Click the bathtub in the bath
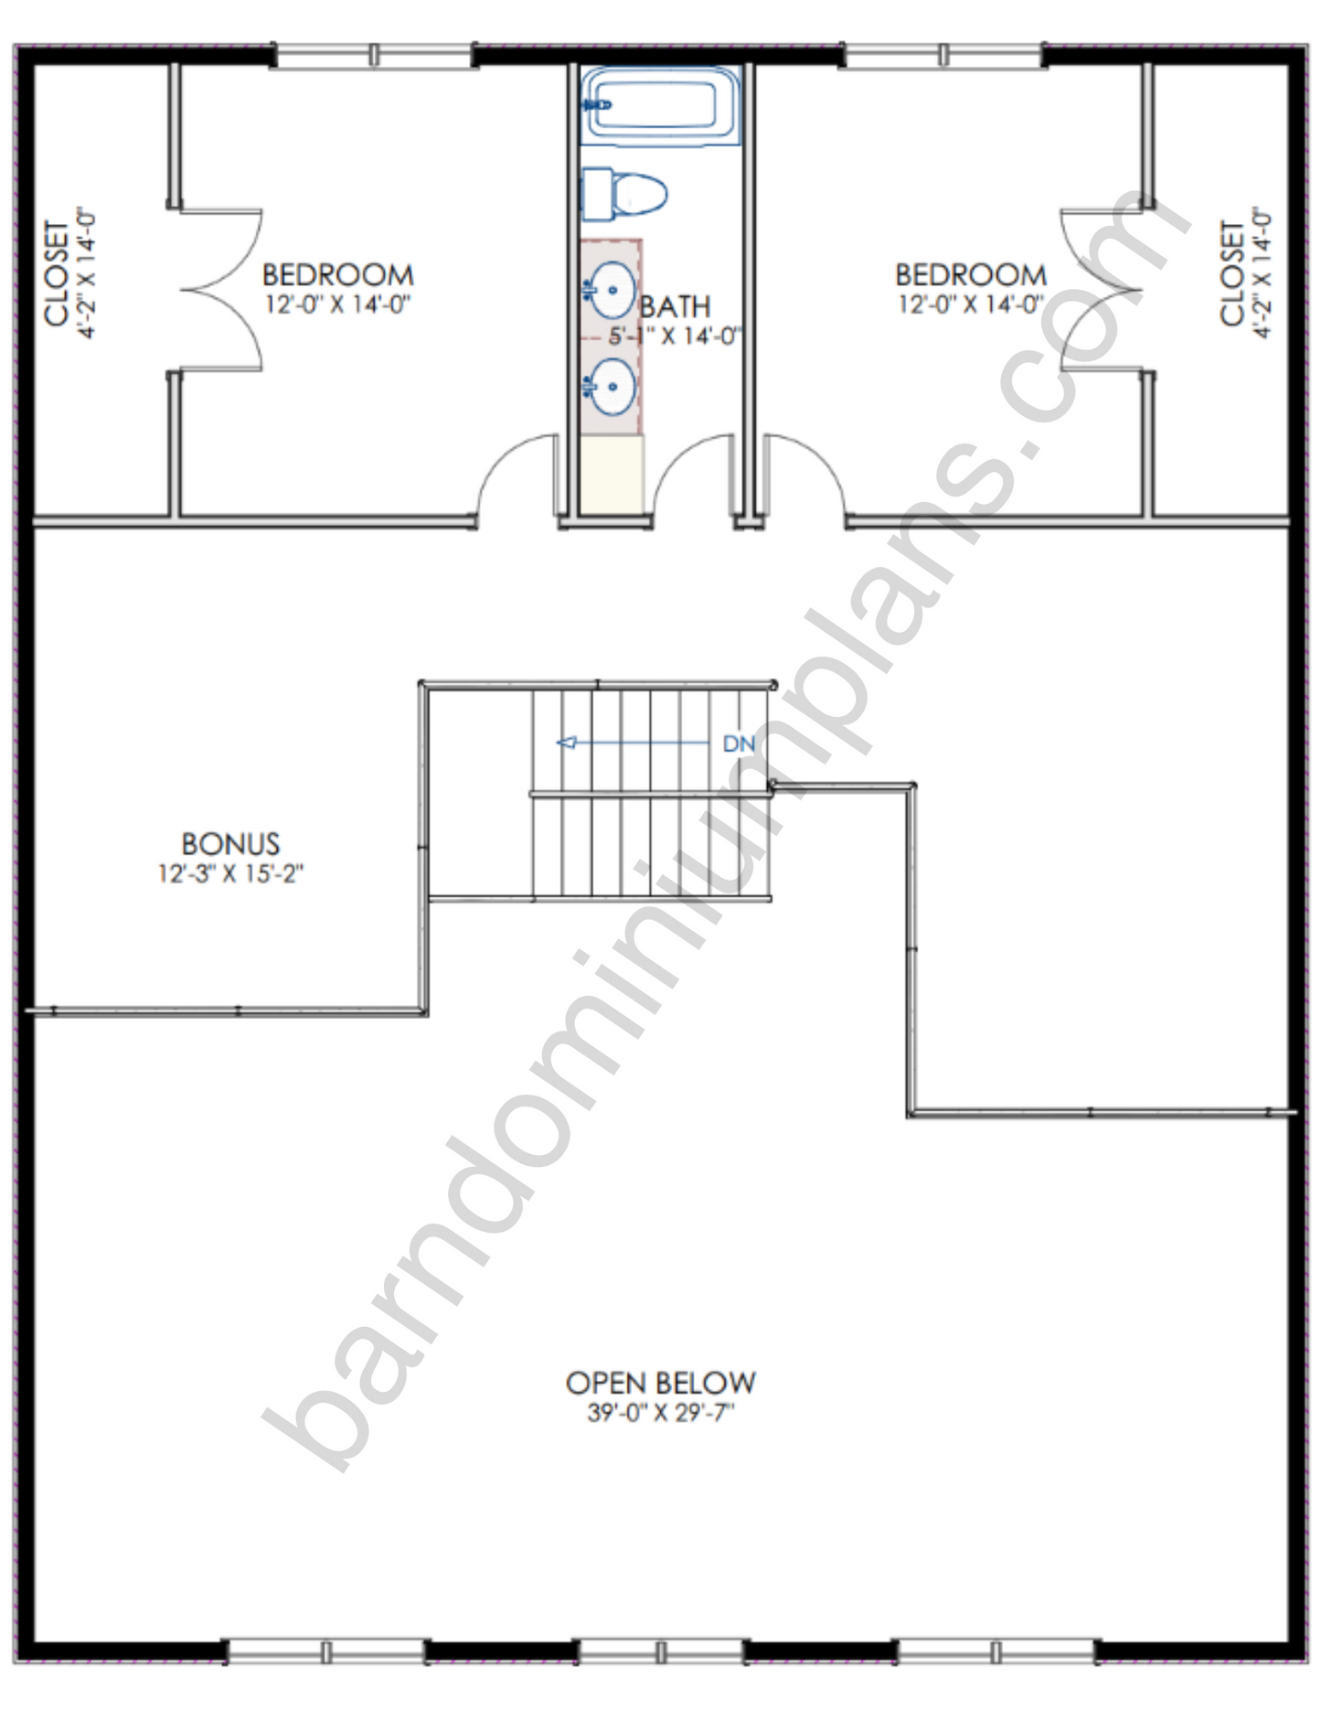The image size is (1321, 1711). coord(660,105)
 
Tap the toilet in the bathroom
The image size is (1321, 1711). coord(623,194)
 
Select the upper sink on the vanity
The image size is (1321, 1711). coord(610,290)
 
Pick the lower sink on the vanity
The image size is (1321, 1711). coord(610,387)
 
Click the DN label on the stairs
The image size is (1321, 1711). coord(739,743)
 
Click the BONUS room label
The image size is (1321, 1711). coord(230,843)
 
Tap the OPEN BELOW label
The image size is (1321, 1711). coord(660,1383)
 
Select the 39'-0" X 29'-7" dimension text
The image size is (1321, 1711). coord(660,1414)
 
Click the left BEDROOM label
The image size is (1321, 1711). coord(338,274)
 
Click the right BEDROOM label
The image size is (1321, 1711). coord(971,274)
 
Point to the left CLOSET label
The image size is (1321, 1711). coord(57,273)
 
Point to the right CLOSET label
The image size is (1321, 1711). coord(1232,273)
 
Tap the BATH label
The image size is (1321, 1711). coord(675,305)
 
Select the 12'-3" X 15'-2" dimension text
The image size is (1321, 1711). coord(230,873)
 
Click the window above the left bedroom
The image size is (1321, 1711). coord(374,56)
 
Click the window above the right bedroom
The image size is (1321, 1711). coord(943,56)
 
